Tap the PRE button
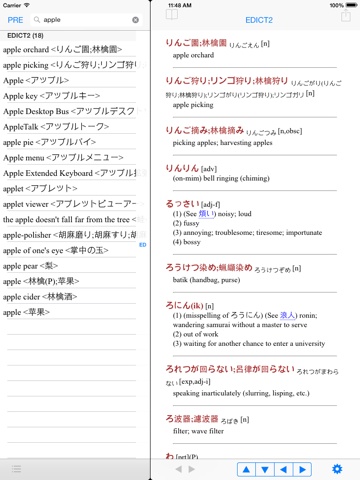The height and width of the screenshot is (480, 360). tap(15, 19)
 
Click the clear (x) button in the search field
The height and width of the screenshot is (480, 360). tap(136, 19)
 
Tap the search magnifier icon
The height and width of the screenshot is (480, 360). tap(38, 19)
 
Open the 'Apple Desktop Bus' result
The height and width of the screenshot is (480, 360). tap(70, 111)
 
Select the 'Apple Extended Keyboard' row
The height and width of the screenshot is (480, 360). tap(70, 175)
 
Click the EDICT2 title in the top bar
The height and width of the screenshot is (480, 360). tap(259, 19)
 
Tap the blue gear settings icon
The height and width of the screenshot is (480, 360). tap(337, 468)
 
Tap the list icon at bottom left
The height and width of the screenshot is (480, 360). tap(16, 468)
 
